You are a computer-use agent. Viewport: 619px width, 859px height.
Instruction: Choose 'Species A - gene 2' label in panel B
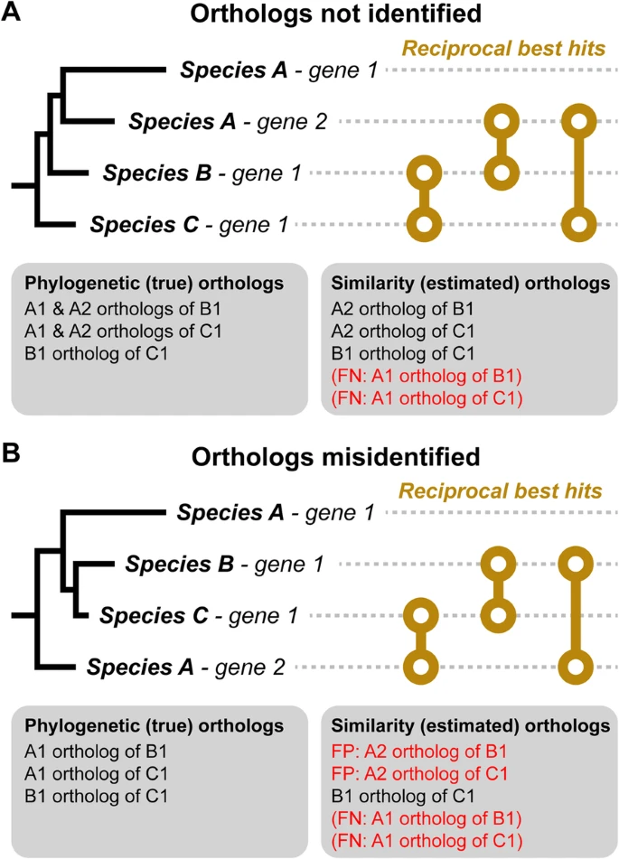coord(186,668)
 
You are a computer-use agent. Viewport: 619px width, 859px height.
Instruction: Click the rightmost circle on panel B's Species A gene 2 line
coord(574,668)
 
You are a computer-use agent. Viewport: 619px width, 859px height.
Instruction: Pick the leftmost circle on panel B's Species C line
coord(419,617)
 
